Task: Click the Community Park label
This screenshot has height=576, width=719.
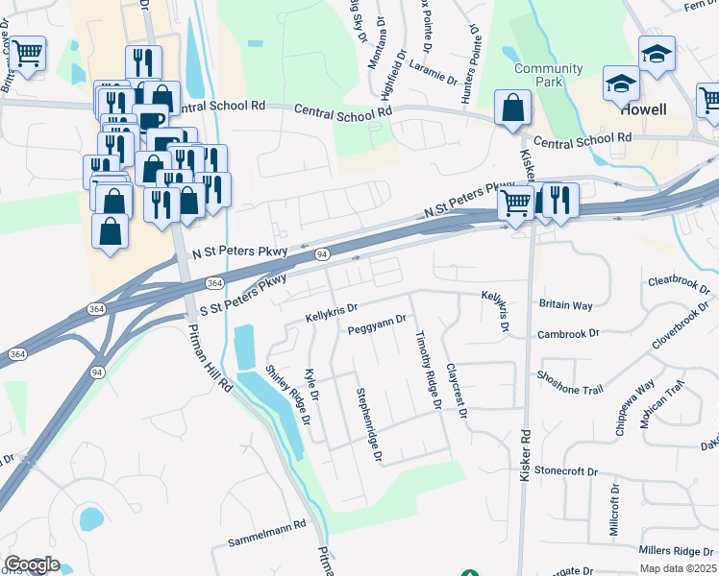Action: click(548, 76)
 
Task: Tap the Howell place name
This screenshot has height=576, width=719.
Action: click(643, 109)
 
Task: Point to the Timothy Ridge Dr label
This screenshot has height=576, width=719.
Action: click(426, 372)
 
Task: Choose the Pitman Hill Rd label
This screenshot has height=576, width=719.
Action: click(212, 355)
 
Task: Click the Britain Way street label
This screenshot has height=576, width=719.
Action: click(566, 304)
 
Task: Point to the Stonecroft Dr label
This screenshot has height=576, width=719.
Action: click(566, 472)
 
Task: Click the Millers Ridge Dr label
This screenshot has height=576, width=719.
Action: click(677, 551)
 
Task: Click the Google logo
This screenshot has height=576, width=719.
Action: click(31, 564)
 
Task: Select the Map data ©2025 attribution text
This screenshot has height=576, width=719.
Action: click(678, 568)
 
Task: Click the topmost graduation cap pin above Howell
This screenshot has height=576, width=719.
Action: click(657, 54)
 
